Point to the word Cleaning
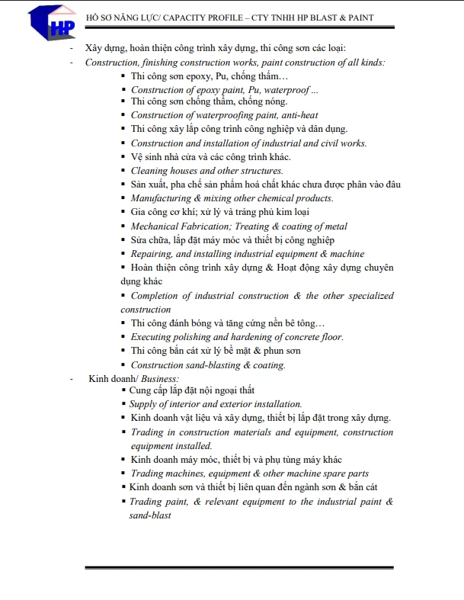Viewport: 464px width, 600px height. point(148,171)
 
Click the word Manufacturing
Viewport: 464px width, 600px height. point(160,198)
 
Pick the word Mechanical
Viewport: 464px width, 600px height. point(155,226)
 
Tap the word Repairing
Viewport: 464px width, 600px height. point(151,254)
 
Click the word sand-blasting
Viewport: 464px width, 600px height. point(212,365)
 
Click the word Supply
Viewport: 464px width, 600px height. point(142,404)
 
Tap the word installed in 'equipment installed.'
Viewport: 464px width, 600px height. point(194,446)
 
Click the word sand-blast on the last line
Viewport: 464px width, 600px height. point(150,515)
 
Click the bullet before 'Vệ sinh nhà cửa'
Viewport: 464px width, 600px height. point(124,157)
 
